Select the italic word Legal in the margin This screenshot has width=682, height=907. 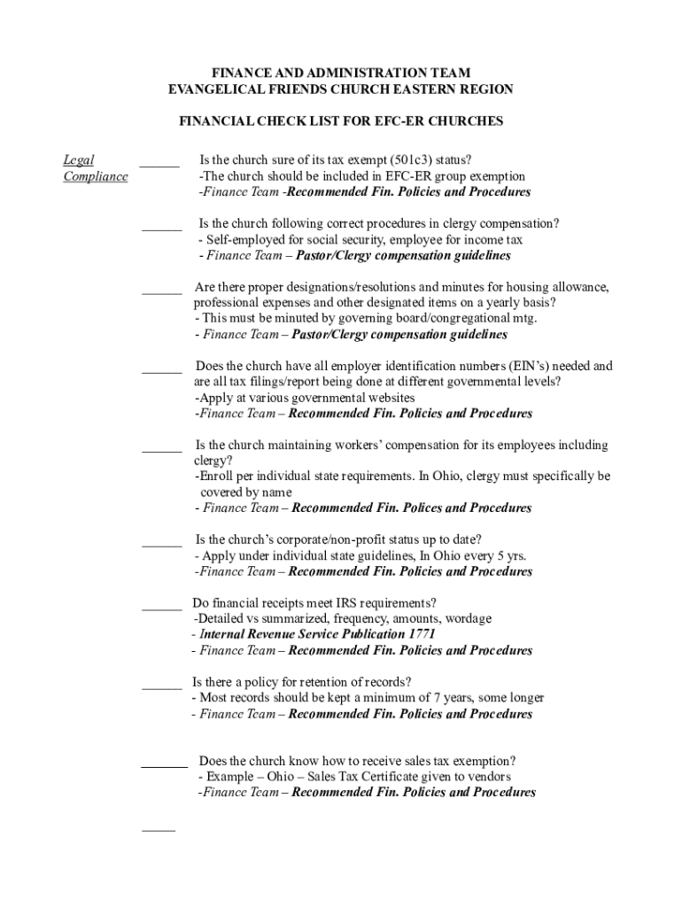[78, 160]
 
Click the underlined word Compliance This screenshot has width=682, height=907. [96, 176]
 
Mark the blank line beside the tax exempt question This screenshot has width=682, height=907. [159, 165]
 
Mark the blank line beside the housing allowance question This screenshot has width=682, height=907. [161, 292]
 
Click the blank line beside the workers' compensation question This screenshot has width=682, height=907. [161, 451]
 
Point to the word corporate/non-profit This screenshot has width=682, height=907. [329, 539]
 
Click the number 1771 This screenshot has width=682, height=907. [422, 634]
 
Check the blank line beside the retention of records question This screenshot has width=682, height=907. [161, 687]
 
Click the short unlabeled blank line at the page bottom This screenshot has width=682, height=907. [159, 830]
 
